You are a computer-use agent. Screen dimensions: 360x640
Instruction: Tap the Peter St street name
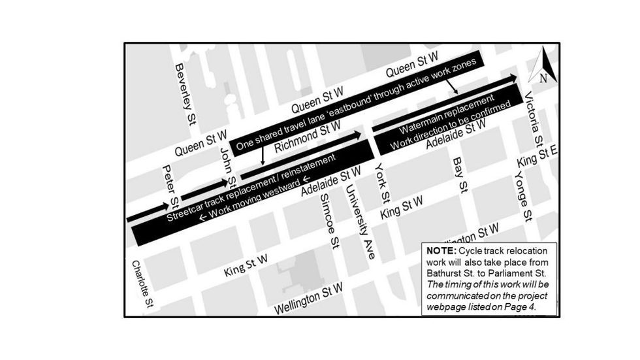(x=171, y=185)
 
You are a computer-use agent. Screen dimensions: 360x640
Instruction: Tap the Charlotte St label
(x=142, y=283)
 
